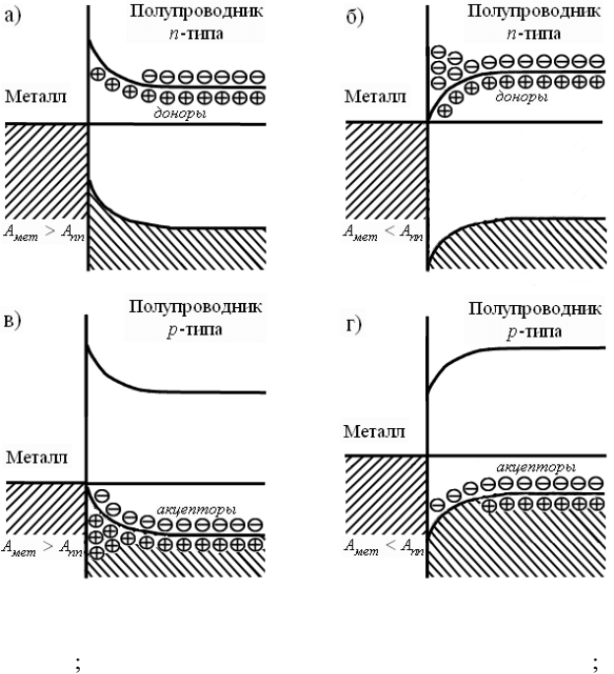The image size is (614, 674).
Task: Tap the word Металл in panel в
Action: tap(36, 458)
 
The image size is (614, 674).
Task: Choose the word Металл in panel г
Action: tap(377, 431)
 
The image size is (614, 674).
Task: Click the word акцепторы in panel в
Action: tap(195, 510)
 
